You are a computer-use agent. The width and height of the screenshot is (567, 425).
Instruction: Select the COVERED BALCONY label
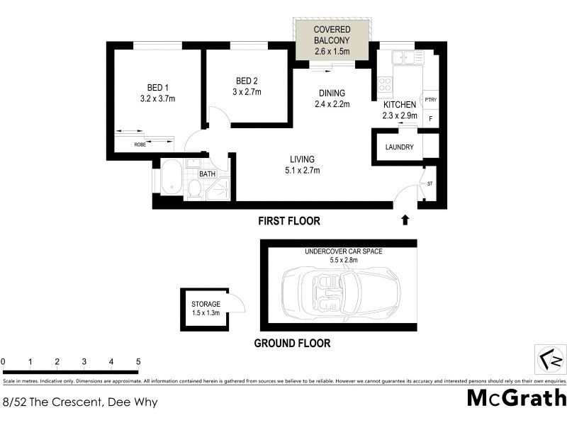pyautogui.click(x=333, y=35)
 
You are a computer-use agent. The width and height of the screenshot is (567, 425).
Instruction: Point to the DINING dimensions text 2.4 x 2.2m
pyautogui.click(x=332, y=105)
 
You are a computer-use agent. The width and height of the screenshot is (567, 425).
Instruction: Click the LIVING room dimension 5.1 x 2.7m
pyautogui.click(x=302, y=171)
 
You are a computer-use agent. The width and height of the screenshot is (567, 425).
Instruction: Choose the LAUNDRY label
pyautogui.click(x=399, y=147)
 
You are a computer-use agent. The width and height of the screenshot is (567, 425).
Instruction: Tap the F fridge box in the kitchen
pyautogui.click(x=430, y=118)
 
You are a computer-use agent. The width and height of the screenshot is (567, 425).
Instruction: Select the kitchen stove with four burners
pyautogui.click(x=385, y=85)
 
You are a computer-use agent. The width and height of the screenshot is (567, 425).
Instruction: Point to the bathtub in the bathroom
pyautogui.click(x=172, y=178)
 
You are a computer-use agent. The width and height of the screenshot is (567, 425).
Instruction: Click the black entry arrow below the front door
pyautogui.click(x=405, y=220)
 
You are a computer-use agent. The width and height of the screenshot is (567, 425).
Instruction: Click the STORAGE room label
pyautogui.click(x=206, y=304)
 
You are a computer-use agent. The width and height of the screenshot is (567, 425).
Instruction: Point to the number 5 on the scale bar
pyautogui.click(x=138, y=362)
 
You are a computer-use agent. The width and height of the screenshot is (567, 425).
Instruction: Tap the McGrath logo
pyautogui.click(x=516, y=398)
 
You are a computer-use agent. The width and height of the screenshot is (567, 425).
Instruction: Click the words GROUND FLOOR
pyautogui.click(x=292, y=344)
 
